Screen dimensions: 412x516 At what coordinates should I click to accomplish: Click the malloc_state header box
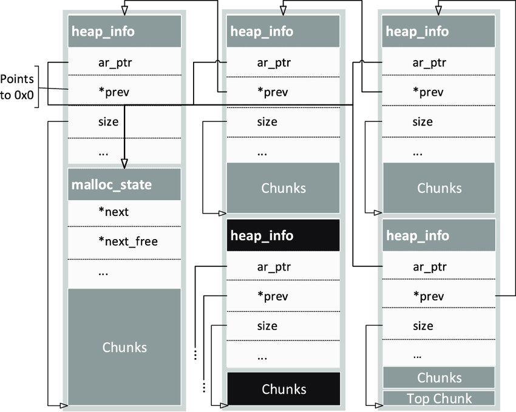124,184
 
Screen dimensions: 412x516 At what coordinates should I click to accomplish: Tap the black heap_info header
283,235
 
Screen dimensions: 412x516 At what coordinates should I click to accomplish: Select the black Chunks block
283,389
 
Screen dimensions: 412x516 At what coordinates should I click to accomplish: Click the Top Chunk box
440,399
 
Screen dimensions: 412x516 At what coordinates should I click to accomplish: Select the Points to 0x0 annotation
17,87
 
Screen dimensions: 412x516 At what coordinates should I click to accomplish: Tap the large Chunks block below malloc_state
124,347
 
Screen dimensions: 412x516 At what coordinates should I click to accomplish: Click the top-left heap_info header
124,31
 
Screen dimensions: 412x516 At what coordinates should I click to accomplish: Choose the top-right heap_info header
440,31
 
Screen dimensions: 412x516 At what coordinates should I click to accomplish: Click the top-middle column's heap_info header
283,31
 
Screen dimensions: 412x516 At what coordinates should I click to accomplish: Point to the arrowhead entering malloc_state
124,163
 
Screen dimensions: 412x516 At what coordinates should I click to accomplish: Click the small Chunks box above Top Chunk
440,377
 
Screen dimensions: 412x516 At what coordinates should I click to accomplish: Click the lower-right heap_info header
440,235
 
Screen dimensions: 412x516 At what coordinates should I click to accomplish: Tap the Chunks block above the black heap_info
283,188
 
